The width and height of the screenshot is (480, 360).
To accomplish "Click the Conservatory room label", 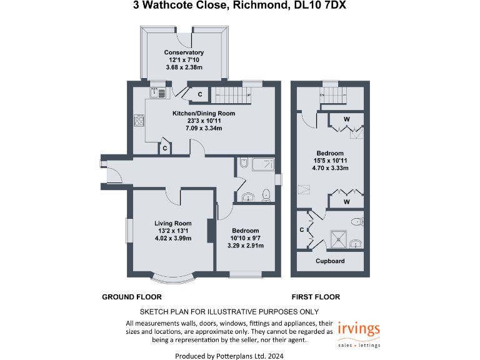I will [x=184, y=52].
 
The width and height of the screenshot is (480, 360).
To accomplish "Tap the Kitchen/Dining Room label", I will [x=204, y=113].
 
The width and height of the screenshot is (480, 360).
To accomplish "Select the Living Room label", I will [x=173, y=223].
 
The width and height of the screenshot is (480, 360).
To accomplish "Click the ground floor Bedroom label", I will [x=245, y=231].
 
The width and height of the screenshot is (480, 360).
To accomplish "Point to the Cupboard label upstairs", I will [x=330, y=261].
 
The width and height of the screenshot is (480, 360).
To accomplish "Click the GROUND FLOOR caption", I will [x=132, y=297].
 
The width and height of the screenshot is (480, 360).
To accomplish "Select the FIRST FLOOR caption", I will [x=316, y=297].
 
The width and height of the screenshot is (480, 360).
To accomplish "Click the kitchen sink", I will [x=157, y=92].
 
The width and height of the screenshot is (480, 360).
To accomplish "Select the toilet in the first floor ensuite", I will [x=357, y=221].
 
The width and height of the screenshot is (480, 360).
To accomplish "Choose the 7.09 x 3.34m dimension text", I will [x=204, y=128].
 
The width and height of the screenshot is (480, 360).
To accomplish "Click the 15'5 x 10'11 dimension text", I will [x=330, y=161].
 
